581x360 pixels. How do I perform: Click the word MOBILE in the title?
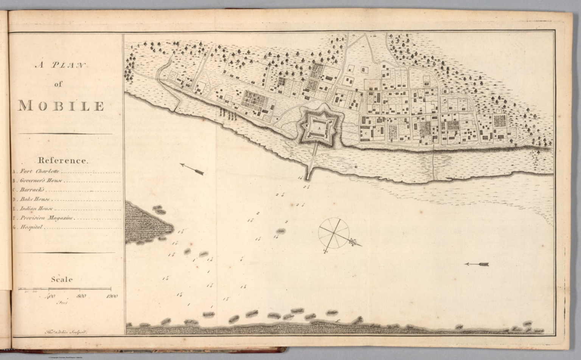(x=61, y=106)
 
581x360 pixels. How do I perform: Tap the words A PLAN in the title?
(x=61, y=65)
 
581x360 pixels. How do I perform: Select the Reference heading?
(x=62, y=160)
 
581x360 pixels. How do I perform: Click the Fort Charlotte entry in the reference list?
(x=39, y=171)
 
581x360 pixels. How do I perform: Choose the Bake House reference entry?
(x=35, y=199)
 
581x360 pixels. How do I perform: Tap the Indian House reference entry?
(x=36, y=208)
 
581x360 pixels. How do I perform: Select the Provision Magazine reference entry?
(x=47, y=218)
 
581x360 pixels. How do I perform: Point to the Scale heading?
(x=62, y=279)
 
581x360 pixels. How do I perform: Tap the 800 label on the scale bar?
(x=81, y=296)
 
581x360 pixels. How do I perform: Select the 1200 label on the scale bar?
(x=112, y=296)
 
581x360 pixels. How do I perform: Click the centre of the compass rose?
(x=333, y=233)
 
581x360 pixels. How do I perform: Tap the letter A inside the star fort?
(x=319, y=129)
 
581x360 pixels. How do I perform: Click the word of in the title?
(x=58, y=84)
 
